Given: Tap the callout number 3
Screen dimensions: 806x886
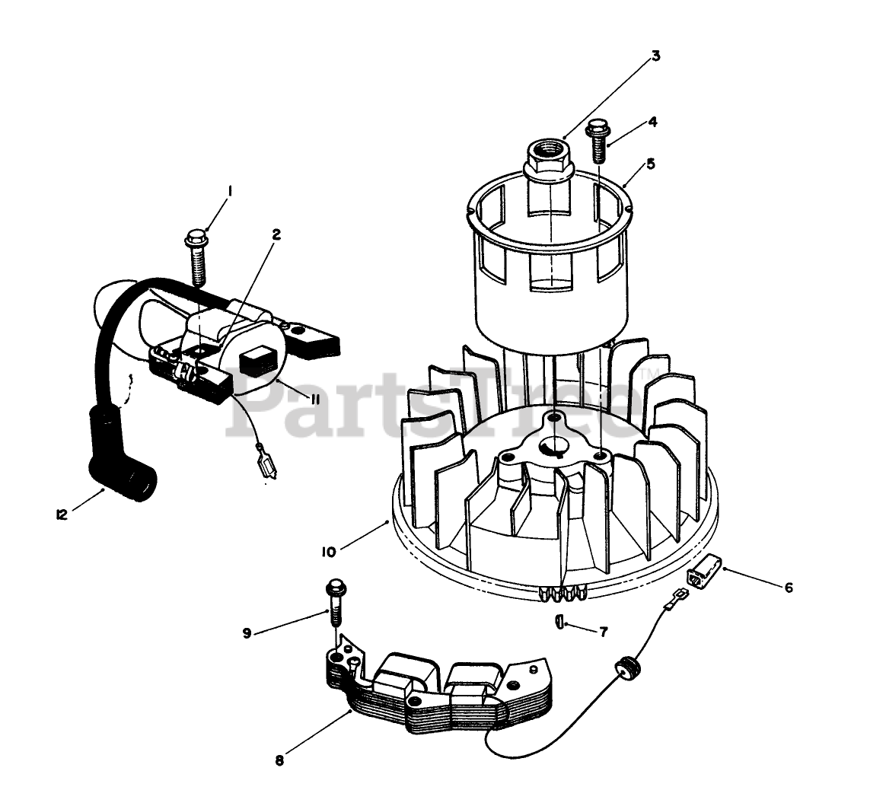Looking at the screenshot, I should pyautogui.click(x=655, y=56).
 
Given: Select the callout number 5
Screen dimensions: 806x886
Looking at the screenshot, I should pyautogui.click(x=650, y=164).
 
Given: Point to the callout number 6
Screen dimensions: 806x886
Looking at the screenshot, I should pyautogui.click(x=789, y=587).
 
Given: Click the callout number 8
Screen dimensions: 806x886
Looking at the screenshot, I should pyautogui.click(x=279, y=760).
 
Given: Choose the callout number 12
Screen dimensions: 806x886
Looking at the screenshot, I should pyautogui.click(x=62, y=514).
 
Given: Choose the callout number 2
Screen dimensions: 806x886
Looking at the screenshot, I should pyautogui.click(x=276, y=235).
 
